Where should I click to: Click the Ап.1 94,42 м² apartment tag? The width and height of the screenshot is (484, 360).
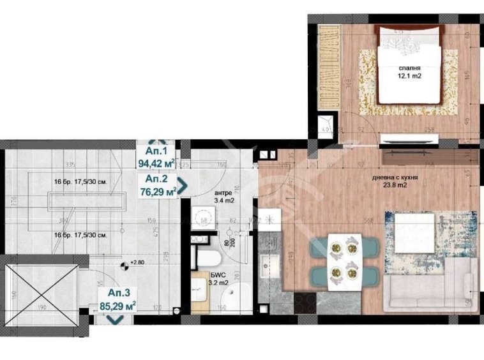pos(157,157)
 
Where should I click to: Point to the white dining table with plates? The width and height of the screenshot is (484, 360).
pos(344,262)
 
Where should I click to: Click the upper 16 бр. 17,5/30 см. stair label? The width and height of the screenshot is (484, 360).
pos(80,182)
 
